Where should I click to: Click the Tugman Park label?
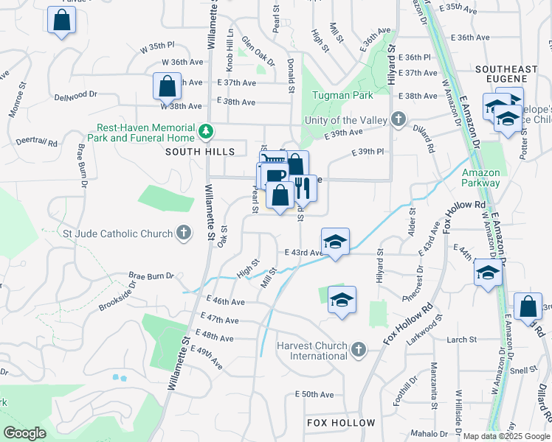[342, 95]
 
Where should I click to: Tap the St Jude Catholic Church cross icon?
[184, 234]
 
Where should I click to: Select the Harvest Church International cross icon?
[358, 349]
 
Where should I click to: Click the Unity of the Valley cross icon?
[399, 119]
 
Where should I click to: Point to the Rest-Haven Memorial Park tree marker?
[206, 132]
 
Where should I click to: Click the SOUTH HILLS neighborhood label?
[199, 152]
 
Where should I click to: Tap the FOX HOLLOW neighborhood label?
[341, 423]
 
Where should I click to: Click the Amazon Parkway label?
[480, 178]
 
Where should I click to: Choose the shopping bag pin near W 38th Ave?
[168, 86]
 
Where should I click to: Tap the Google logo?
[25, 433]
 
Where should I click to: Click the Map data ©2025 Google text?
[507, 436]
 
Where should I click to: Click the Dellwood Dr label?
[75, 94]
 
